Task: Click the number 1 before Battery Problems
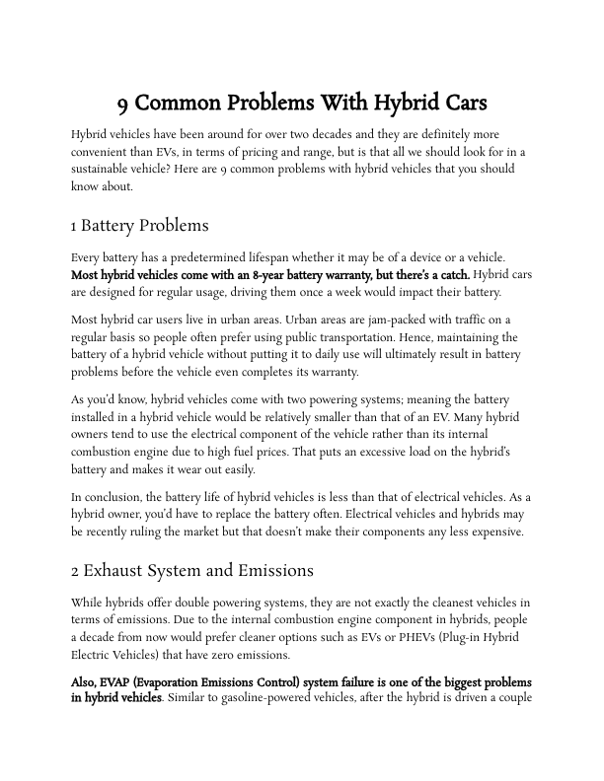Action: point(74,226)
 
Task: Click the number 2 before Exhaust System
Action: point(75,570)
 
